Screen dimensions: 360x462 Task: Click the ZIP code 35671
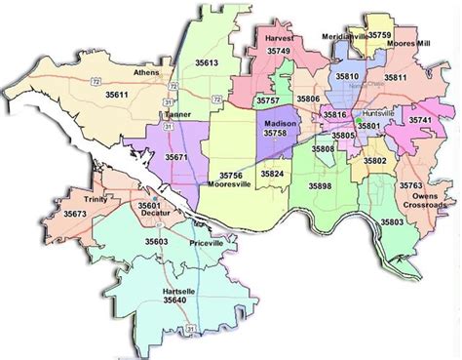[176, 156]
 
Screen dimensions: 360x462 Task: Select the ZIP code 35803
[392, 223]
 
